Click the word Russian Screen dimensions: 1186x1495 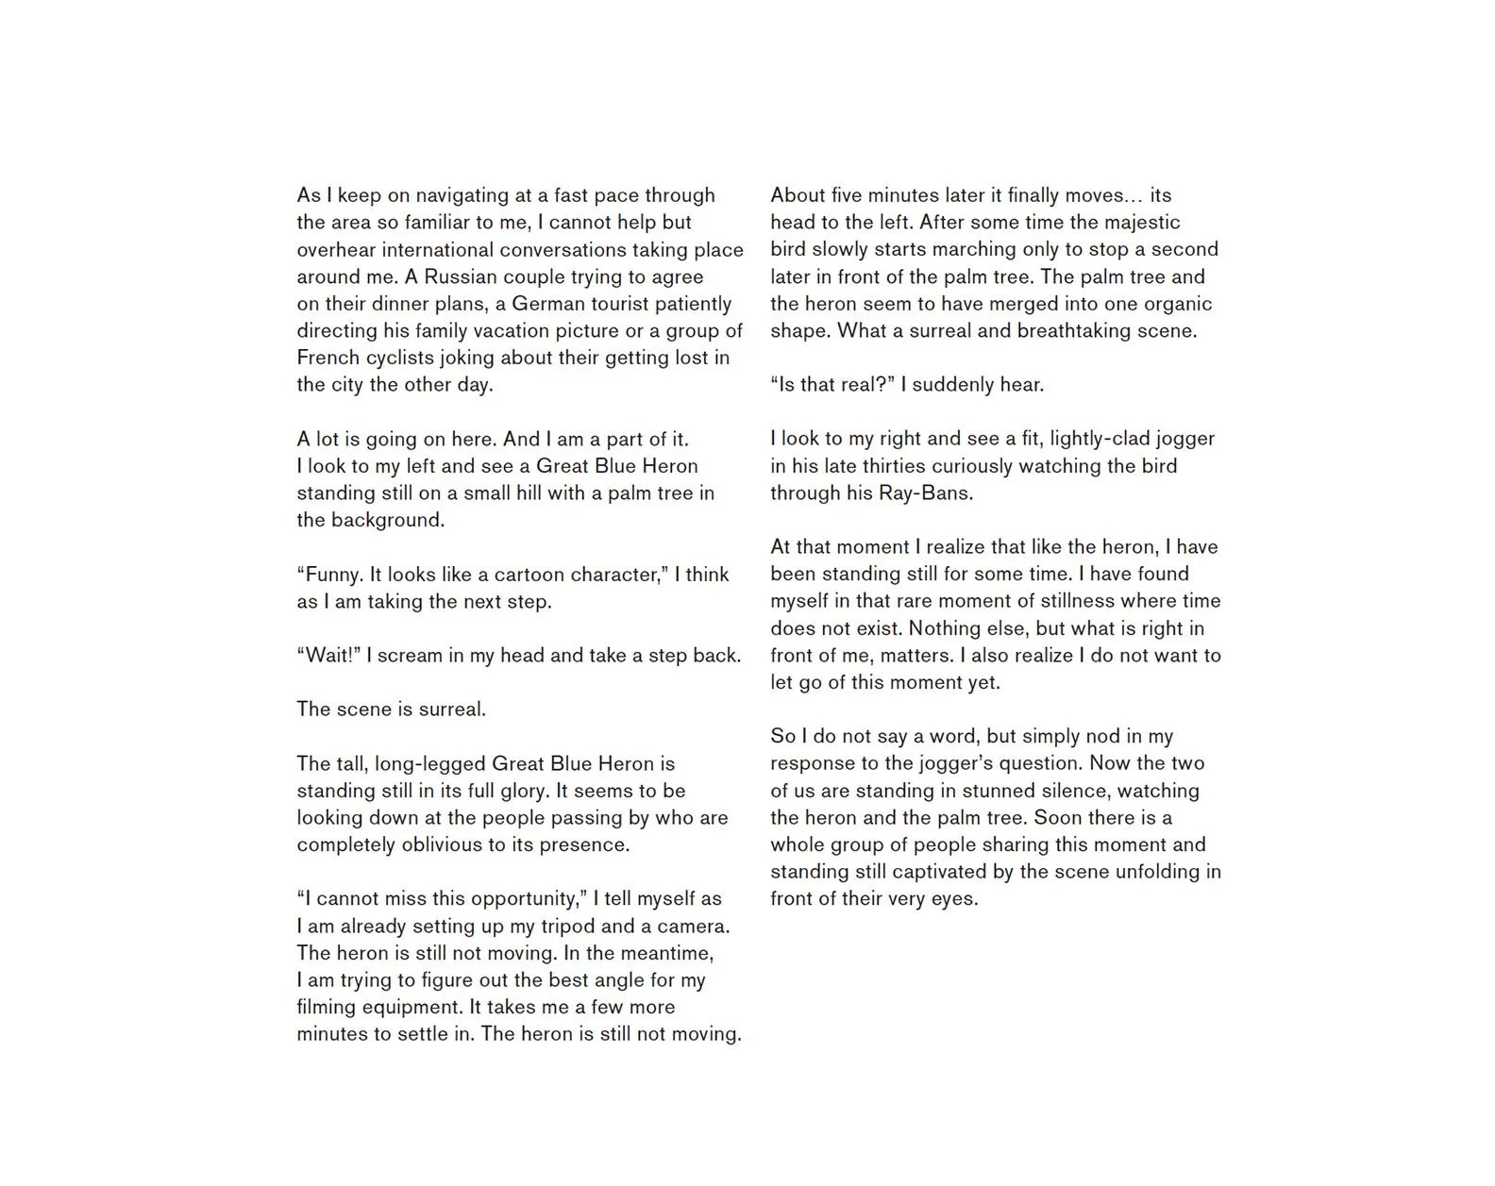tap(460, 276)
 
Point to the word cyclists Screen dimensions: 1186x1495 tap(398, 358)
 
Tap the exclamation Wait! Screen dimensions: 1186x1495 tap(329, 656)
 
